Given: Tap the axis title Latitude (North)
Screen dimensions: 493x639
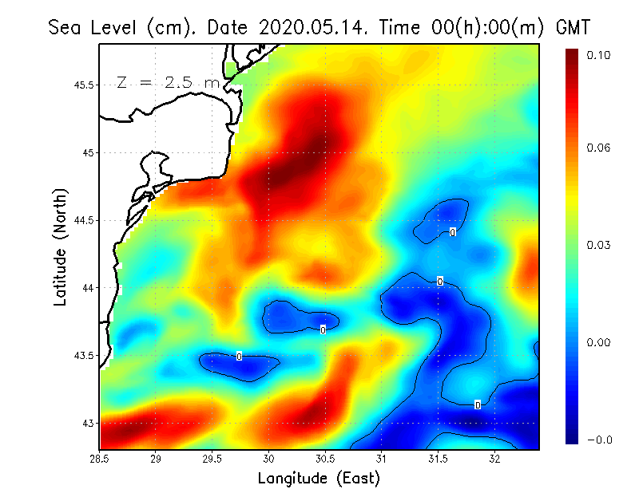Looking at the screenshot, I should point(61,246).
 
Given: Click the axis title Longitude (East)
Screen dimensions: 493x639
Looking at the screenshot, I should point(319,479).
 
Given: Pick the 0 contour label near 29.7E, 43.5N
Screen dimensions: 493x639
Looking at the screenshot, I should point(239,356).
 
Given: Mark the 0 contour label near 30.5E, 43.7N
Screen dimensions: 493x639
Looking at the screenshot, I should point(323,329).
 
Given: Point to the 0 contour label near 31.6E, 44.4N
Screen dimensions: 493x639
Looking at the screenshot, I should point(453,232).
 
